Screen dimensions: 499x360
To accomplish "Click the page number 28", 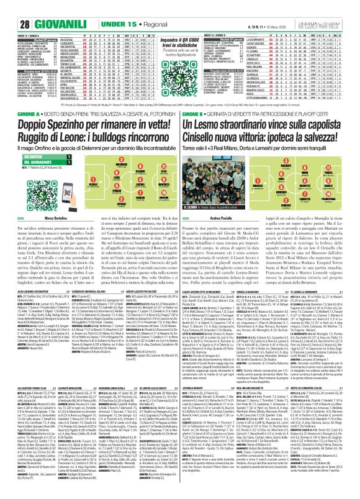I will pyautogui.click(x=9, y=7).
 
